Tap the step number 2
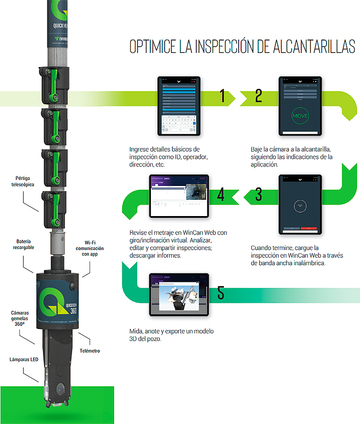[x=258, y=97]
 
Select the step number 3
[x=258, y=194]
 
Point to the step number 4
[x=221, y=194]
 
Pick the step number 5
[x=220, y=292]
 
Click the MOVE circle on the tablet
[x=300, y=116]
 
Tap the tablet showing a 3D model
[x=180, y=295]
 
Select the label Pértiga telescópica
[x=25, y=182]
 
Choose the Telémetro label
[x=90, y=351]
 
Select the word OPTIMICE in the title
[x=152, y=47]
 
